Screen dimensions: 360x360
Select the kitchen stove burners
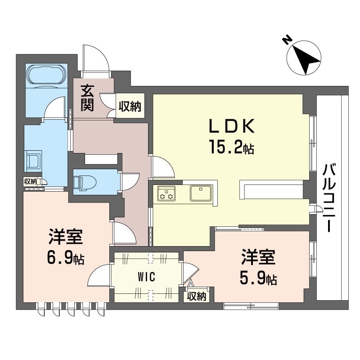pyautogui.click(x=166, y=193)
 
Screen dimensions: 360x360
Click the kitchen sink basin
pyautogui.click(x=201, y=193)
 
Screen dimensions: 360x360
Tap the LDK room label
pyautogui.click(x=232, y=126)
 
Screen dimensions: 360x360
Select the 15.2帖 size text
pyautogui.click(x=231, y=147)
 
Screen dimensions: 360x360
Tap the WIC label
pyautogui.click(x=146, y=277)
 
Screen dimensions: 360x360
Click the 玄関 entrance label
pyautogui.click(x=87, y=98)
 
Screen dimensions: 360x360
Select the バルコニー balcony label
pyautogui.click(x=330, y=198)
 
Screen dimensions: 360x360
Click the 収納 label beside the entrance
pyautogui.click(x=130, y=106)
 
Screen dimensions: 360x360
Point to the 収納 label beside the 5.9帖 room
pyautogui.click(x=197, y=297)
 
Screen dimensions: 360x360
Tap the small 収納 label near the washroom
pyautogui.click(x=30, y=182)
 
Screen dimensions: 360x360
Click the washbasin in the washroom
pyautogui.click(x=33, y=161)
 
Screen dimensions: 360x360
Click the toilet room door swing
pyautogui.click(x=130, y=181)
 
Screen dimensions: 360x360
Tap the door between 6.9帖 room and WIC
pyautogui.click(x=99, y=275)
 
